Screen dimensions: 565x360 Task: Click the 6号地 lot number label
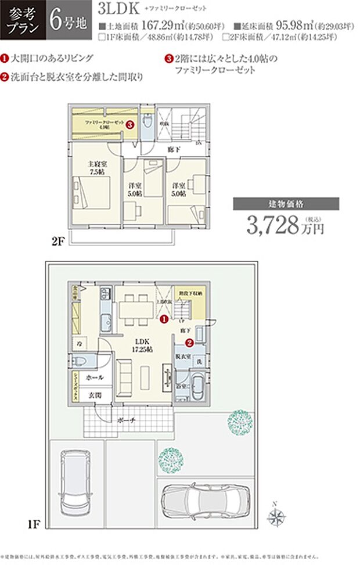point(68,20)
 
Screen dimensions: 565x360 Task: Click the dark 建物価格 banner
point(286,204)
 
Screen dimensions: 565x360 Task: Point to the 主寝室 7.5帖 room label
point(97,168)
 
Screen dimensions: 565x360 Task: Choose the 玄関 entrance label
point(95,395)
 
